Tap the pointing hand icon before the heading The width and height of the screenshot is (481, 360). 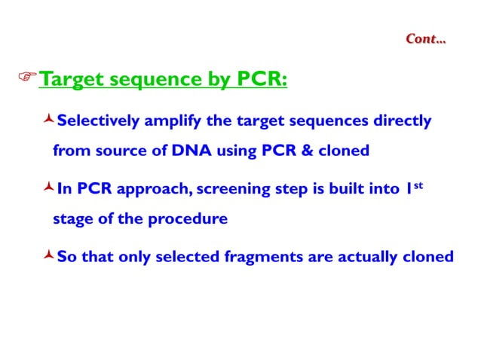point(27,78)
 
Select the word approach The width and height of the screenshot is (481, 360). point(158,190)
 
